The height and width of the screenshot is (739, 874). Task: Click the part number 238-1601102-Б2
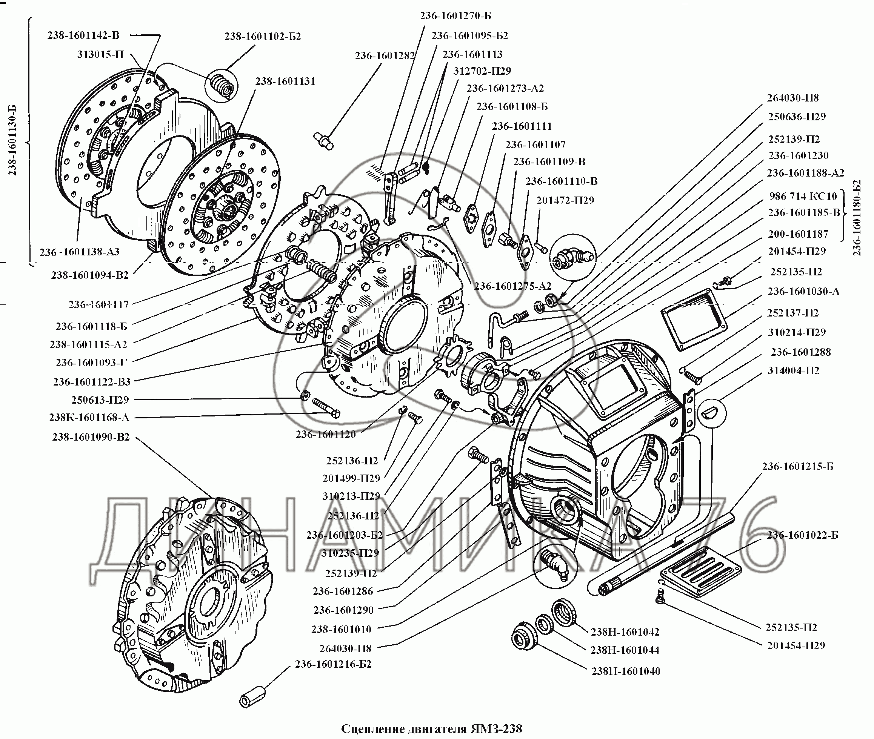pos(263,37)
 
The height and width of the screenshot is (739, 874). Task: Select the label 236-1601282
pos(385,56)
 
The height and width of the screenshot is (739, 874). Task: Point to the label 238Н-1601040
pos(626,671)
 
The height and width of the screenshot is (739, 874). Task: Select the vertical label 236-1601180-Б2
pos(856,218)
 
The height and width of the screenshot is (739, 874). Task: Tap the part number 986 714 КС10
pos(803,196)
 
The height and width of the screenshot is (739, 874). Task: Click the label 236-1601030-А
pos(803,292)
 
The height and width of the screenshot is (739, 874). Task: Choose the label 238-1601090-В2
pos(91,437)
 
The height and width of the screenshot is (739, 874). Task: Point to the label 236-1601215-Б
pos(798,466)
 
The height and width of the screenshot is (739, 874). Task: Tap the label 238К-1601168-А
pos(89,417)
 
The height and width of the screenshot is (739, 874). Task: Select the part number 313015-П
pos(100,54)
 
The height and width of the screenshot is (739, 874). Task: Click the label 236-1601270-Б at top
pos(455,16)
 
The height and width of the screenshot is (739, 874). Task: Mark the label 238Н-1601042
pos(625,632)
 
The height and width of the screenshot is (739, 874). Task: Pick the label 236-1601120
pos(326,435)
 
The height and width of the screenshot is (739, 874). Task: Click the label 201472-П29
pos(565,200)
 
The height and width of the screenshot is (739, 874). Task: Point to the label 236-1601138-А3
pos(80,252)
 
